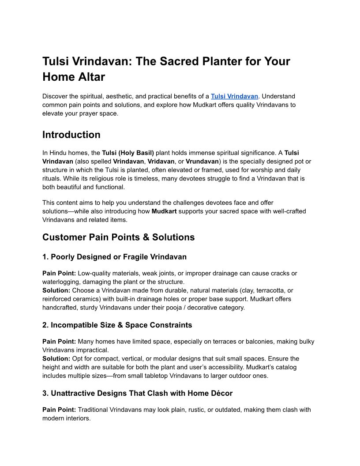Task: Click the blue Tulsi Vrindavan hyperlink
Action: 234,96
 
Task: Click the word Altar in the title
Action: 90,77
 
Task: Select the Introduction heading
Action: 71,135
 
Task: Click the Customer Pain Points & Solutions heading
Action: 118,237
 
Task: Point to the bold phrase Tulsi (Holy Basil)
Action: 128,153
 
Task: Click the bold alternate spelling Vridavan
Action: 161,162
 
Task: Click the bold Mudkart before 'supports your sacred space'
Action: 164,211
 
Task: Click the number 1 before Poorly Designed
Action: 45,257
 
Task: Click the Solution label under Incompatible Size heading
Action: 56,359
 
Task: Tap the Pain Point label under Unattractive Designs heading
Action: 59,410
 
